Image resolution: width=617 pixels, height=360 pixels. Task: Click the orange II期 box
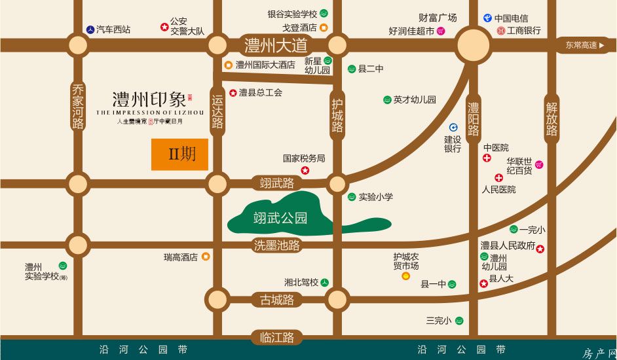(x=179, y=154)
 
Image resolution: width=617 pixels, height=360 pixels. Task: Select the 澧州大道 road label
(x=276, y=46)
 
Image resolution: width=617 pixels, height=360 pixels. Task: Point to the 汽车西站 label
(x=113, y=29)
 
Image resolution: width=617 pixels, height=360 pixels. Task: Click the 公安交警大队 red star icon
(x=164, y=27)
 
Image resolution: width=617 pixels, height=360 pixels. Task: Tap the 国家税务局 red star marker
(x=305, y=171)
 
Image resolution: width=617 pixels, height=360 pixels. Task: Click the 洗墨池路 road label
(x=276, y=245)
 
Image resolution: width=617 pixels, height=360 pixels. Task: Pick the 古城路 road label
(x=276, y=300)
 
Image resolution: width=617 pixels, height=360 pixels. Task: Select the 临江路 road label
(x=276, y=338)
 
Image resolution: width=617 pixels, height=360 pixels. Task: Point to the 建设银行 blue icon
(x=453, y=128)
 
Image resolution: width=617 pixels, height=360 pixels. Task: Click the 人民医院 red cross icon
(x=498, y=178)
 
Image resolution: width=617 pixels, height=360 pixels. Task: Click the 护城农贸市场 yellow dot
(x=405, y=276)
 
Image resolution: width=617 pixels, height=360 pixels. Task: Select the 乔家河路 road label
(x=79, y=105)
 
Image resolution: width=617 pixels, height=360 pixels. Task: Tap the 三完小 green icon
(x=459, y=321)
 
